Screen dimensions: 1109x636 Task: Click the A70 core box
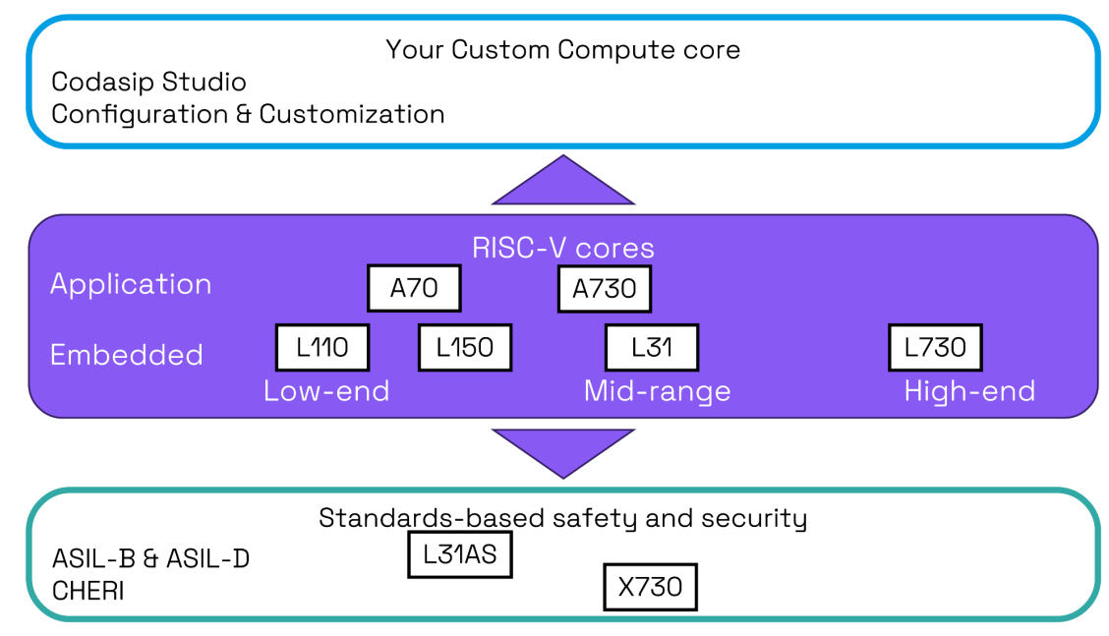point(414,288)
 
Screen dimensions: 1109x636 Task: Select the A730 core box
point(604,289)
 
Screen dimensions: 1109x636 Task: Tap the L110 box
point(322,347)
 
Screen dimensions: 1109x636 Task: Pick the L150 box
point(465,347)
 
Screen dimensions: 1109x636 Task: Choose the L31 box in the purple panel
point(652,347)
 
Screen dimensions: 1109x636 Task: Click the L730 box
point(935,347)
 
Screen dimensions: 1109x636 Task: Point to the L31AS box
point(460,554)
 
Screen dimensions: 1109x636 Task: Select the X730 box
point(650,587)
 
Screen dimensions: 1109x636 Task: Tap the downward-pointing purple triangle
point(563,448)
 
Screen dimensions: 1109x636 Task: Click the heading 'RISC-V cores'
point(563,248)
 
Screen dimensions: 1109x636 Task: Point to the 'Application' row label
point(131,285)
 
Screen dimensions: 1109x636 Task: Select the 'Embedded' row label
point(127,355)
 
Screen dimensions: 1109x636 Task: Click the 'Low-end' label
point(326,390)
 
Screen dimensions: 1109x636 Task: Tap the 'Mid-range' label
point(657,392)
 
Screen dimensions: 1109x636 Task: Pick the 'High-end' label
point(969,392)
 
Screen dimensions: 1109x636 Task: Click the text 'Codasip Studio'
point(148,82)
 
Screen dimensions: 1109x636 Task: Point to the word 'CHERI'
point(88,591)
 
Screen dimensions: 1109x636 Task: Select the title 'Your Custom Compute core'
point(563,50)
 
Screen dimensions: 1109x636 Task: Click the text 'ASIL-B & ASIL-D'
point(150,559)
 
